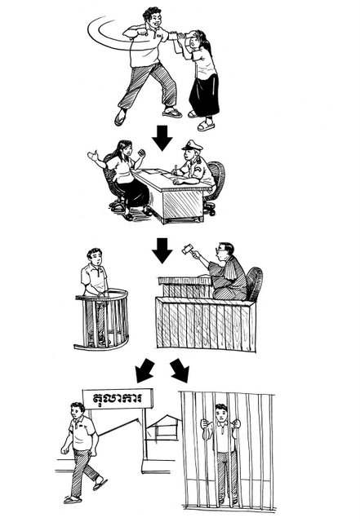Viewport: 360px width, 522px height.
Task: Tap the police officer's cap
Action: (x=192, y=145)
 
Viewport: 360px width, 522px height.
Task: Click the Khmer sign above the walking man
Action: (x=118, y=399)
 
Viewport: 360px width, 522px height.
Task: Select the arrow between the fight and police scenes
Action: (x=162, y=138)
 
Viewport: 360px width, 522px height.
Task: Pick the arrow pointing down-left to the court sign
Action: (x=144, y=370)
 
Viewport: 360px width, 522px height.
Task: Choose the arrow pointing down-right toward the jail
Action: (x=180, y=370)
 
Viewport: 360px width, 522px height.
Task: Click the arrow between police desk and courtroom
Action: (x=162, y=250)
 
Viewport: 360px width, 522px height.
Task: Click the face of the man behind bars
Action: (x=220, y=414)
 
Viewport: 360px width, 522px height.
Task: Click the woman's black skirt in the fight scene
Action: (x=204, y=95)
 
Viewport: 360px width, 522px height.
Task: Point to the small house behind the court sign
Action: (x=164, y=427)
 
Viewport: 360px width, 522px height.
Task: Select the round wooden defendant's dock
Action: (x=102, y=320)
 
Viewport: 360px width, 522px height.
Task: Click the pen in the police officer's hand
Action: (x=176, y=168)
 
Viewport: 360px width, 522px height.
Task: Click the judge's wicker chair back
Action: (x=255, y=283)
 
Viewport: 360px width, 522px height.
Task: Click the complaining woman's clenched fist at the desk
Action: (x=142, y=153)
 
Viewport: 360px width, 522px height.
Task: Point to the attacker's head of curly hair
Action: (x=152, y=14)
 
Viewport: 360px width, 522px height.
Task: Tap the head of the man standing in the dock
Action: (x=95, y=257)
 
